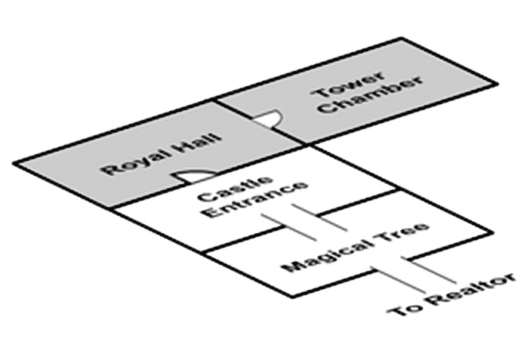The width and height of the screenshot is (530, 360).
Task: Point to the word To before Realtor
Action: (x=403, y=310)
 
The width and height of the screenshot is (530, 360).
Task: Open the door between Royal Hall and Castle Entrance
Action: (x=188, y=177)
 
